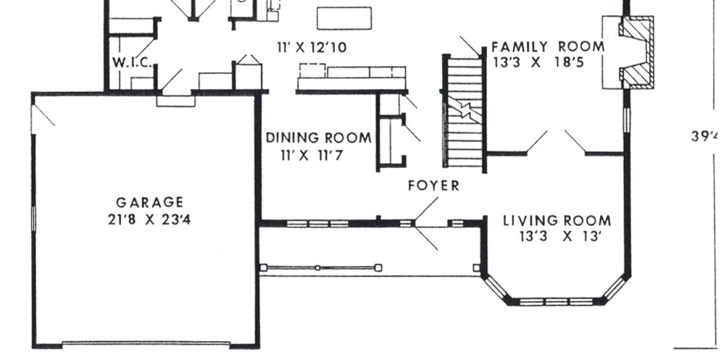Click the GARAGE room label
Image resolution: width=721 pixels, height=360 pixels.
click(149, 202)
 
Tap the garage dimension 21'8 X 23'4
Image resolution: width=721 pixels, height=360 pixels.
click(149, 219)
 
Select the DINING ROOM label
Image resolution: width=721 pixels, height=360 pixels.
click(319, 138)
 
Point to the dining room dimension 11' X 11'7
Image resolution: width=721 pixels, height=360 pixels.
click(312, 156)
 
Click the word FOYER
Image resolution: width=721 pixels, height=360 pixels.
click(433, 185)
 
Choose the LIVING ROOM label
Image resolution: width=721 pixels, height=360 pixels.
click(557, 221)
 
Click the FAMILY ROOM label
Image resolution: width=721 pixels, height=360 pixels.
click(548, 46)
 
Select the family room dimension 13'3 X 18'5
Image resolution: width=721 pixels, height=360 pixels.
click(538, 62)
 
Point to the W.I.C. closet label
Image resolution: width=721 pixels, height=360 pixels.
click(133, 63)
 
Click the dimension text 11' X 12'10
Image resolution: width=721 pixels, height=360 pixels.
click(312, 47)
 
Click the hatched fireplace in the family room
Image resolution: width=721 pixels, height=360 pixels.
click(636, 51)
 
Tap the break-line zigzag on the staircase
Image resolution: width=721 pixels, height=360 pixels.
click(465, 111)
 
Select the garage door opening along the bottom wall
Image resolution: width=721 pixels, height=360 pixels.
click(146, 344)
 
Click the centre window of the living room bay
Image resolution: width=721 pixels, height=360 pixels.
click(557, 302)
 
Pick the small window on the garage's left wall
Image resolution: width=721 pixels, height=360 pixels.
click(33, 219)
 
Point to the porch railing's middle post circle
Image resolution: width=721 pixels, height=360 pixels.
click(317, 267)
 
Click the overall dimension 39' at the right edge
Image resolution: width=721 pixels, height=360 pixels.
click(706, 136)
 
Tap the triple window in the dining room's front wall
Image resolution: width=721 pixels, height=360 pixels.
click(317, 224)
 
